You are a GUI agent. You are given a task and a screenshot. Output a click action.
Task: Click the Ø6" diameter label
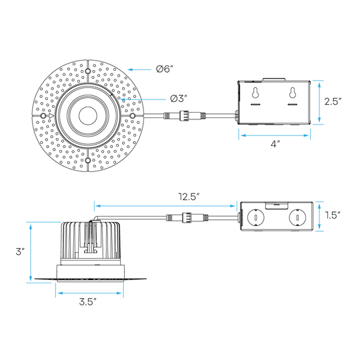[165, 69]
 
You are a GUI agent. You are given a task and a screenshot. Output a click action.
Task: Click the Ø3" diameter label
[179, 99]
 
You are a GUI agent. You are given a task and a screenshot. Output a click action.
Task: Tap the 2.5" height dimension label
[333, 101]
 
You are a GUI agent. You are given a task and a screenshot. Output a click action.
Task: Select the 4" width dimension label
[275, 144]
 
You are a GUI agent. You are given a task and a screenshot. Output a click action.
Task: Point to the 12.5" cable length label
[189, 197]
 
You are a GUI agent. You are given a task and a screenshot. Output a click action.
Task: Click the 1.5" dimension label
[333, 215]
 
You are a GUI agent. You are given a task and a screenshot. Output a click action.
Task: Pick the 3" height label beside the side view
[20, 251]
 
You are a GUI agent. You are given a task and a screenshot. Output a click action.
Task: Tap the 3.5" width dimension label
[88, 302]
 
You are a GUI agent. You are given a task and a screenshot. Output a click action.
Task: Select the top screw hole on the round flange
[88, 71]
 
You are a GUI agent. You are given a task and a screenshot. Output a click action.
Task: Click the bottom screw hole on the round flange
[88, 160]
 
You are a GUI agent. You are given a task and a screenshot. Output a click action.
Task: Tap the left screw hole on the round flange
[43, 116]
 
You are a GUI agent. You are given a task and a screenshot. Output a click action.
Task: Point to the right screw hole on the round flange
[133, 116]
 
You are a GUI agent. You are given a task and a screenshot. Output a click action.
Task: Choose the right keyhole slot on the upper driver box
[293, 93]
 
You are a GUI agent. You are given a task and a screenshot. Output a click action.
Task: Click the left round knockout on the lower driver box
[255, 217]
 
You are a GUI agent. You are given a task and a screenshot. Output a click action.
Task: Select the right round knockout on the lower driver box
[297, 217]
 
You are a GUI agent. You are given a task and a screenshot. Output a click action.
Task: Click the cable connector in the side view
[187, 217]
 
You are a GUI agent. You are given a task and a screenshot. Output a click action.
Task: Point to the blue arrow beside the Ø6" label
[139, 69]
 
